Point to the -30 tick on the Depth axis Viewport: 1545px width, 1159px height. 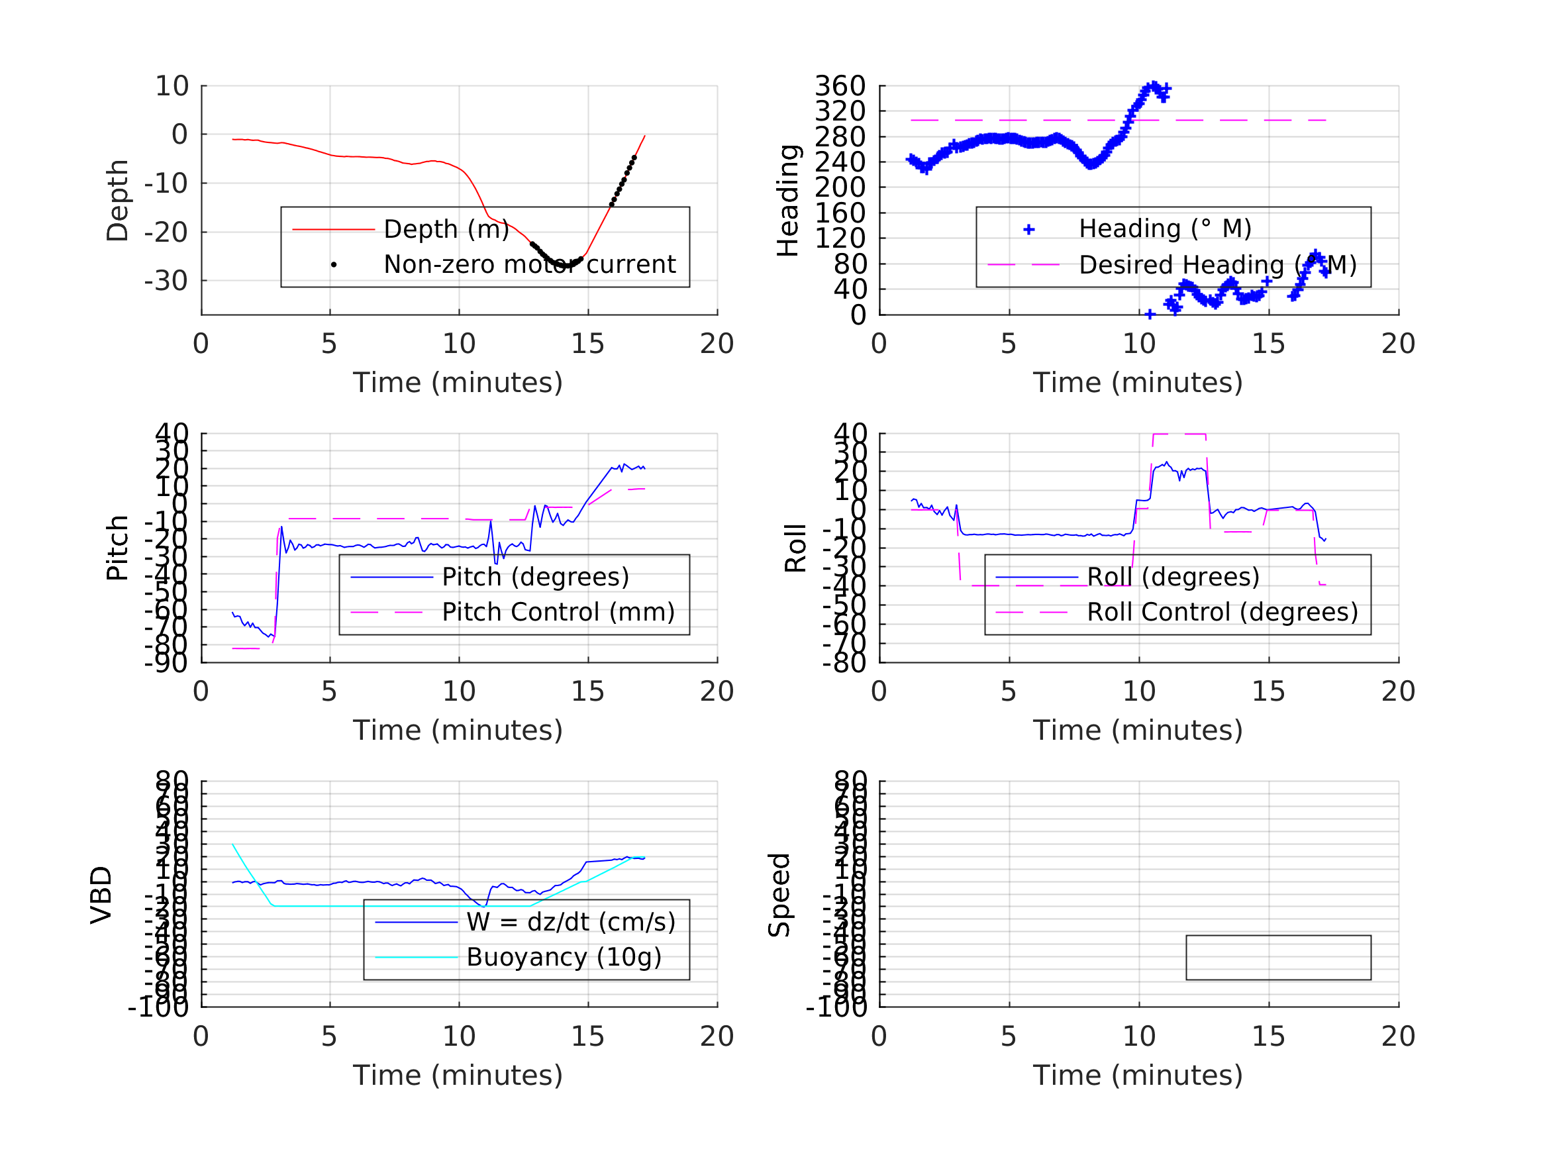[x=166, y=281]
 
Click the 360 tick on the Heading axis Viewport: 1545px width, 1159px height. [x=840, y=86]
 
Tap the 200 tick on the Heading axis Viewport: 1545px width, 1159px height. [x=840, y=187]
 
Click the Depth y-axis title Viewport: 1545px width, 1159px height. [x=117, y=201]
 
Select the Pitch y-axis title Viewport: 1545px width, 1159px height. [x=117, y=548]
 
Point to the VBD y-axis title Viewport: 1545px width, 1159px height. [x=101, y=895]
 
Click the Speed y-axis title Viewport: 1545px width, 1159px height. [x=779, y=895]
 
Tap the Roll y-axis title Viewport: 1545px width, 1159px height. [x=795, y=548]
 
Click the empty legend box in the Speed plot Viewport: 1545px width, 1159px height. [x=1278, y=957]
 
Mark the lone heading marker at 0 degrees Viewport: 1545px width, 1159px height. [x=1150, y=315]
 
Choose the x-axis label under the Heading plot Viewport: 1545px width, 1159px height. [x=1137, y=383]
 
